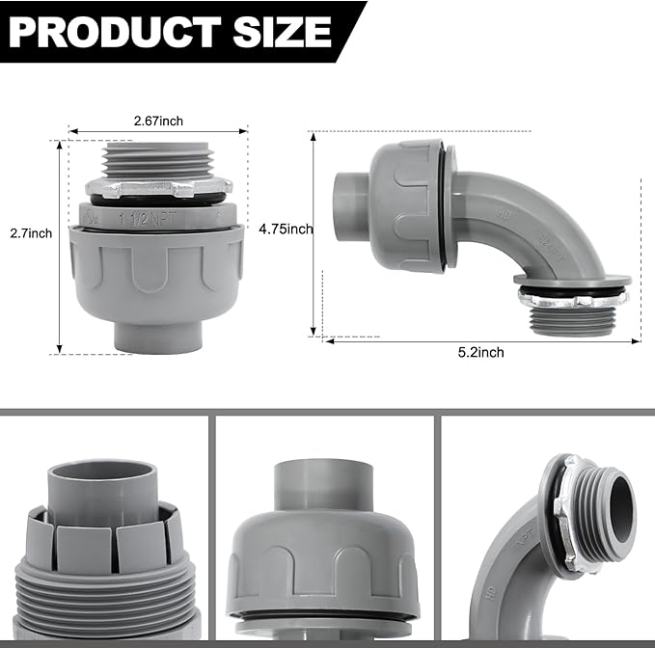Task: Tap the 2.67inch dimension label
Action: click(x=158, y=121)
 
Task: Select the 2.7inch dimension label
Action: click(x=31, y=233)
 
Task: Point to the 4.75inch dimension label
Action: click(x=287, y=229)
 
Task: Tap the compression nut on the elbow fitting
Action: click(x=405, y=192)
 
